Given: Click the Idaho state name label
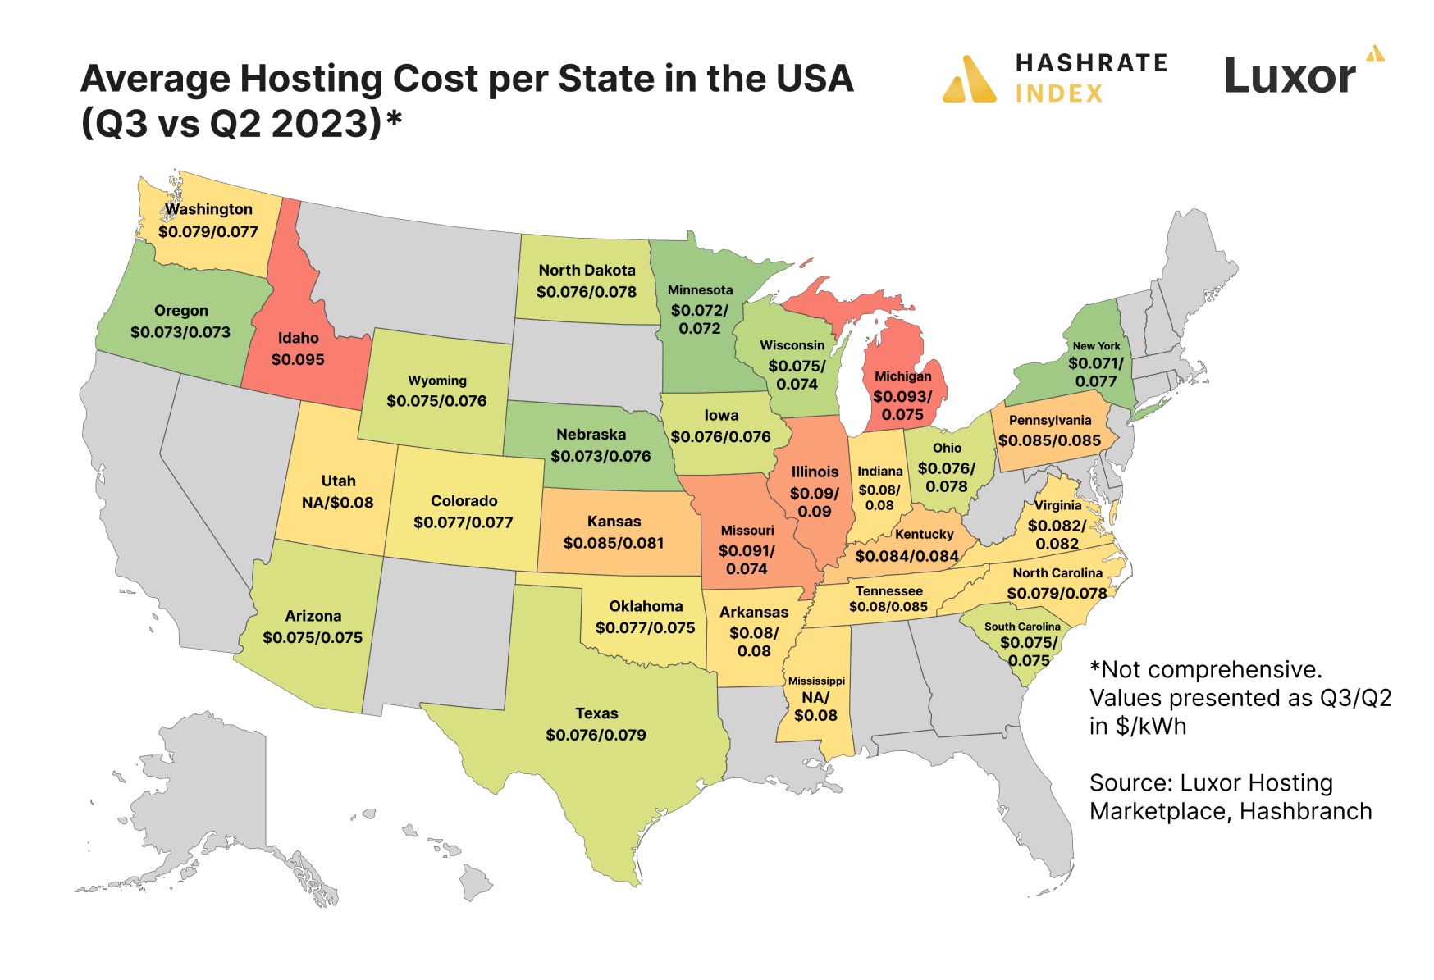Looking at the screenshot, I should click(298, 338).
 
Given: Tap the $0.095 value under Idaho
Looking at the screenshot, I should click(298, 359).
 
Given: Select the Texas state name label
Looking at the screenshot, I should click(596, 713).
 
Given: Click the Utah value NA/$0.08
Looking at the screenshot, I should click(337, 502).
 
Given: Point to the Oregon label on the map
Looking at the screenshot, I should click(181, 311).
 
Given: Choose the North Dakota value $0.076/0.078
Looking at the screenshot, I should click(587, 292).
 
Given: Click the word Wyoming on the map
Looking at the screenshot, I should click(437, 381).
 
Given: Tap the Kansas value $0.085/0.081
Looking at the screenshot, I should click(614, 543).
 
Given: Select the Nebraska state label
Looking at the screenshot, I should click(591, 435).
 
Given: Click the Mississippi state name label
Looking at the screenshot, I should click(816, 681).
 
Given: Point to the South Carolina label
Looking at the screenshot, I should click(1022, 627).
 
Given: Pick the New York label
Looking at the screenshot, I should click(1096, 346).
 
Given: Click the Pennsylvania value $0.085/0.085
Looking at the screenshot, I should click(1049, 440).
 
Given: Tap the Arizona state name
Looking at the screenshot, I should click(313, 616).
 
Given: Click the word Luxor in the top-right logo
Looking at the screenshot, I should click(1290, 76).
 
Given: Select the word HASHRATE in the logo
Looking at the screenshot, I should click(1091, 63).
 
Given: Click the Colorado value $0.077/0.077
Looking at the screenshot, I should click(464, 522).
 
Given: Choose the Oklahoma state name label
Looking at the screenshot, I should click(646, 606).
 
